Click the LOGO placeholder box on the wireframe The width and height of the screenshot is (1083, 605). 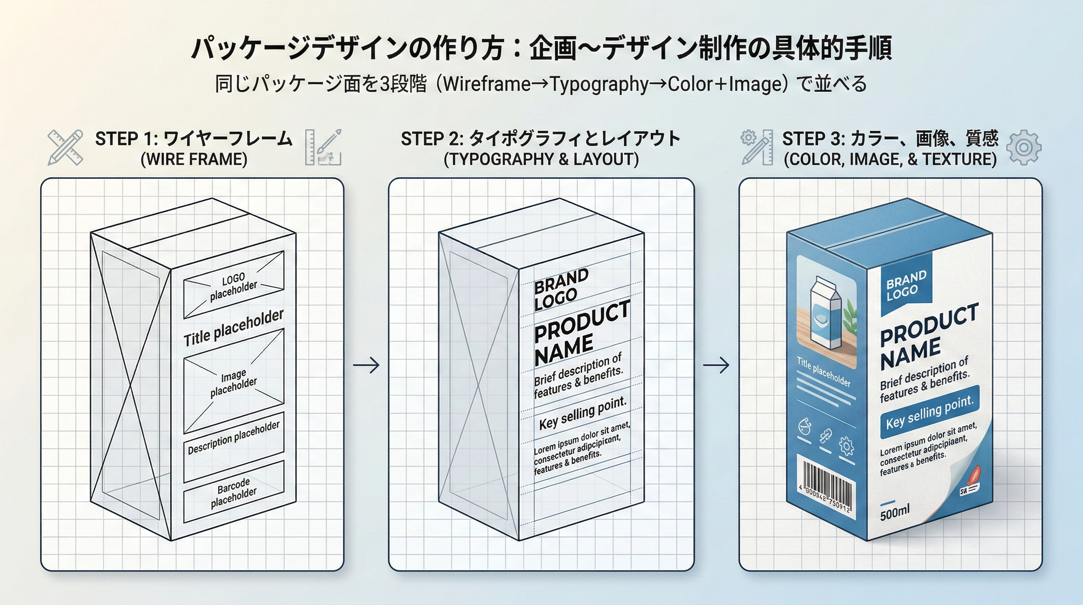coord(233,285)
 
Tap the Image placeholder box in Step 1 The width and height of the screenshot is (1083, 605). coord(234,381)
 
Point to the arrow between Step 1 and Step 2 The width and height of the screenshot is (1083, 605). coord(366,365)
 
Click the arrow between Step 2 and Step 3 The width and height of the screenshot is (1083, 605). coord(716,365)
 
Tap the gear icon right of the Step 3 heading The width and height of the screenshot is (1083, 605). coord(1024,147)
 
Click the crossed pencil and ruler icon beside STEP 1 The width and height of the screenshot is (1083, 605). coord(66,147)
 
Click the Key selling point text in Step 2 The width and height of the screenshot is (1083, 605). coord(582,414)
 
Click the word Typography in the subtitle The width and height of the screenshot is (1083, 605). coord(599,84)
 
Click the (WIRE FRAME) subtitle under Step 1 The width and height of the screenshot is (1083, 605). coord(194,160)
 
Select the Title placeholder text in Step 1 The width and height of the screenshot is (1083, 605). coord(233,328)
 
